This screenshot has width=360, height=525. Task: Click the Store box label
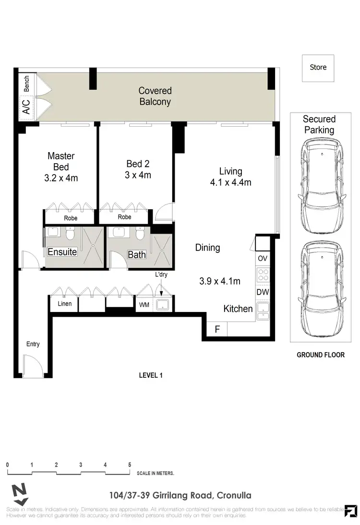coord(318,67)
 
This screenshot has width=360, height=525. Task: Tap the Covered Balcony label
coord(155,96)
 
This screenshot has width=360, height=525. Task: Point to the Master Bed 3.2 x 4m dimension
coord(61,178)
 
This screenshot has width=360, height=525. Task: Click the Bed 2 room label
coord(138,164)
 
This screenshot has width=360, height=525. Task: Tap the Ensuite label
coord(62,252)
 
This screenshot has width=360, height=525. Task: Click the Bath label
coord(137,255)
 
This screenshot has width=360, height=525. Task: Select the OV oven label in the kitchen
coord(262,258)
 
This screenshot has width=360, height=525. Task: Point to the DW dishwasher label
coord(262,291)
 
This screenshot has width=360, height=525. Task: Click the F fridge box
coord(217,330)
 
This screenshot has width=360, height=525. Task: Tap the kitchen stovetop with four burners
coord(263,274)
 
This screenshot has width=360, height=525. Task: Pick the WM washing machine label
coord(144,305)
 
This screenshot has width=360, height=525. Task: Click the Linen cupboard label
coord(64,304)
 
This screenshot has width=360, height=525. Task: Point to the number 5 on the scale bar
coord(130,465)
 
